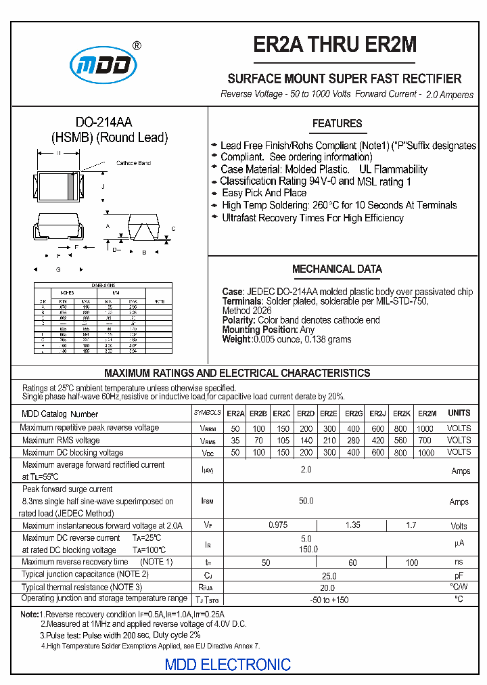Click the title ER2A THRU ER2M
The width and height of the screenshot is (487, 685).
click(x=335, y=45)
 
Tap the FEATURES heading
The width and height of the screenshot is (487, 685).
click(x=337, y=124)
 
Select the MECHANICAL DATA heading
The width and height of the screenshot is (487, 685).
click(x=337, y=269)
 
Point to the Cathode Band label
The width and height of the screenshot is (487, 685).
click(x=134, y=163)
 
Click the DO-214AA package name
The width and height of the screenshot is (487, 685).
click(x=103, y=123)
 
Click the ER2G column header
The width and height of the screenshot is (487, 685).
click(x=354, y=414)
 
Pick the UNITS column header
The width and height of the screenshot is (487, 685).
click(x=459, y=413)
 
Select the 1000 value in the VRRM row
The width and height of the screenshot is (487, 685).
click(x=425, y=429)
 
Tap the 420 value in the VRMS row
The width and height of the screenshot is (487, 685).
click(x=378, y=441)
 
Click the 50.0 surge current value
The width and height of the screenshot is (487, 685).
click(x=306, y=501)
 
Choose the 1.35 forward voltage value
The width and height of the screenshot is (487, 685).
click(x=353, y=525)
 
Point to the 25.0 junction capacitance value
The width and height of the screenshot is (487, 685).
click(x=329, y=575)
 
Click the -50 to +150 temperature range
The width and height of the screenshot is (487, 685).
click(x=329, y=600)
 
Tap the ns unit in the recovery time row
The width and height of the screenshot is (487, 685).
click(x=459, y=562)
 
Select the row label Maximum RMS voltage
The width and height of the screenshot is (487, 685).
click(x=61, y=441)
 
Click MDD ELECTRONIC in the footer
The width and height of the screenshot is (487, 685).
click(x=228, y=665)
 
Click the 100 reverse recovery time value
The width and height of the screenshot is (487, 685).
click(x=412, y=563)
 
